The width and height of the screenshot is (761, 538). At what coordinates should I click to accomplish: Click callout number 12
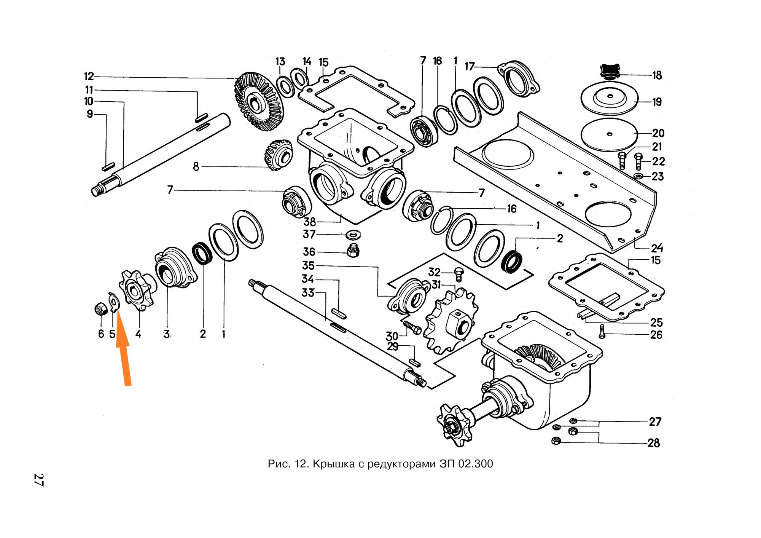coord(89,77)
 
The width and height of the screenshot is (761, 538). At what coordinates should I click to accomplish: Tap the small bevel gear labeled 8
coord(278,154)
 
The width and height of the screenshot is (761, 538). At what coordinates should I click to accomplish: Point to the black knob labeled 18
coord(610,72)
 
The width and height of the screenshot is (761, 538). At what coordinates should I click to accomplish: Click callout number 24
coord(657,248)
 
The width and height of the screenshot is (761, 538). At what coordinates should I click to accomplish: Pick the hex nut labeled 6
coord(100,309)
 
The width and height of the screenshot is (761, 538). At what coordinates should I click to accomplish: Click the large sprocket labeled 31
coord(451,319)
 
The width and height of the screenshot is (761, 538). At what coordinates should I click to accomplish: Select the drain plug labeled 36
coord(353,251)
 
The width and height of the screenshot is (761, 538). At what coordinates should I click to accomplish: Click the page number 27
coord(39,480)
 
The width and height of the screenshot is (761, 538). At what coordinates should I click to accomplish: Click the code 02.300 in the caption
coord(475,464)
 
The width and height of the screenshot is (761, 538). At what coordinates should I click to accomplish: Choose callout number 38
coord(310,222)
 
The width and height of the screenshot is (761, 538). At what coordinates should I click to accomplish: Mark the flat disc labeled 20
coord(609,134)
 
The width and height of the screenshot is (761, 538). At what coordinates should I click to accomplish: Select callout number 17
coord(470,67)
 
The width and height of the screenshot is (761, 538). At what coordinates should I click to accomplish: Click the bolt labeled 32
coord(459,274)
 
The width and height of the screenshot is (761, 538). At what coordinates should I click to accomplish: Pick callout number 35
coord(308,265)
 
